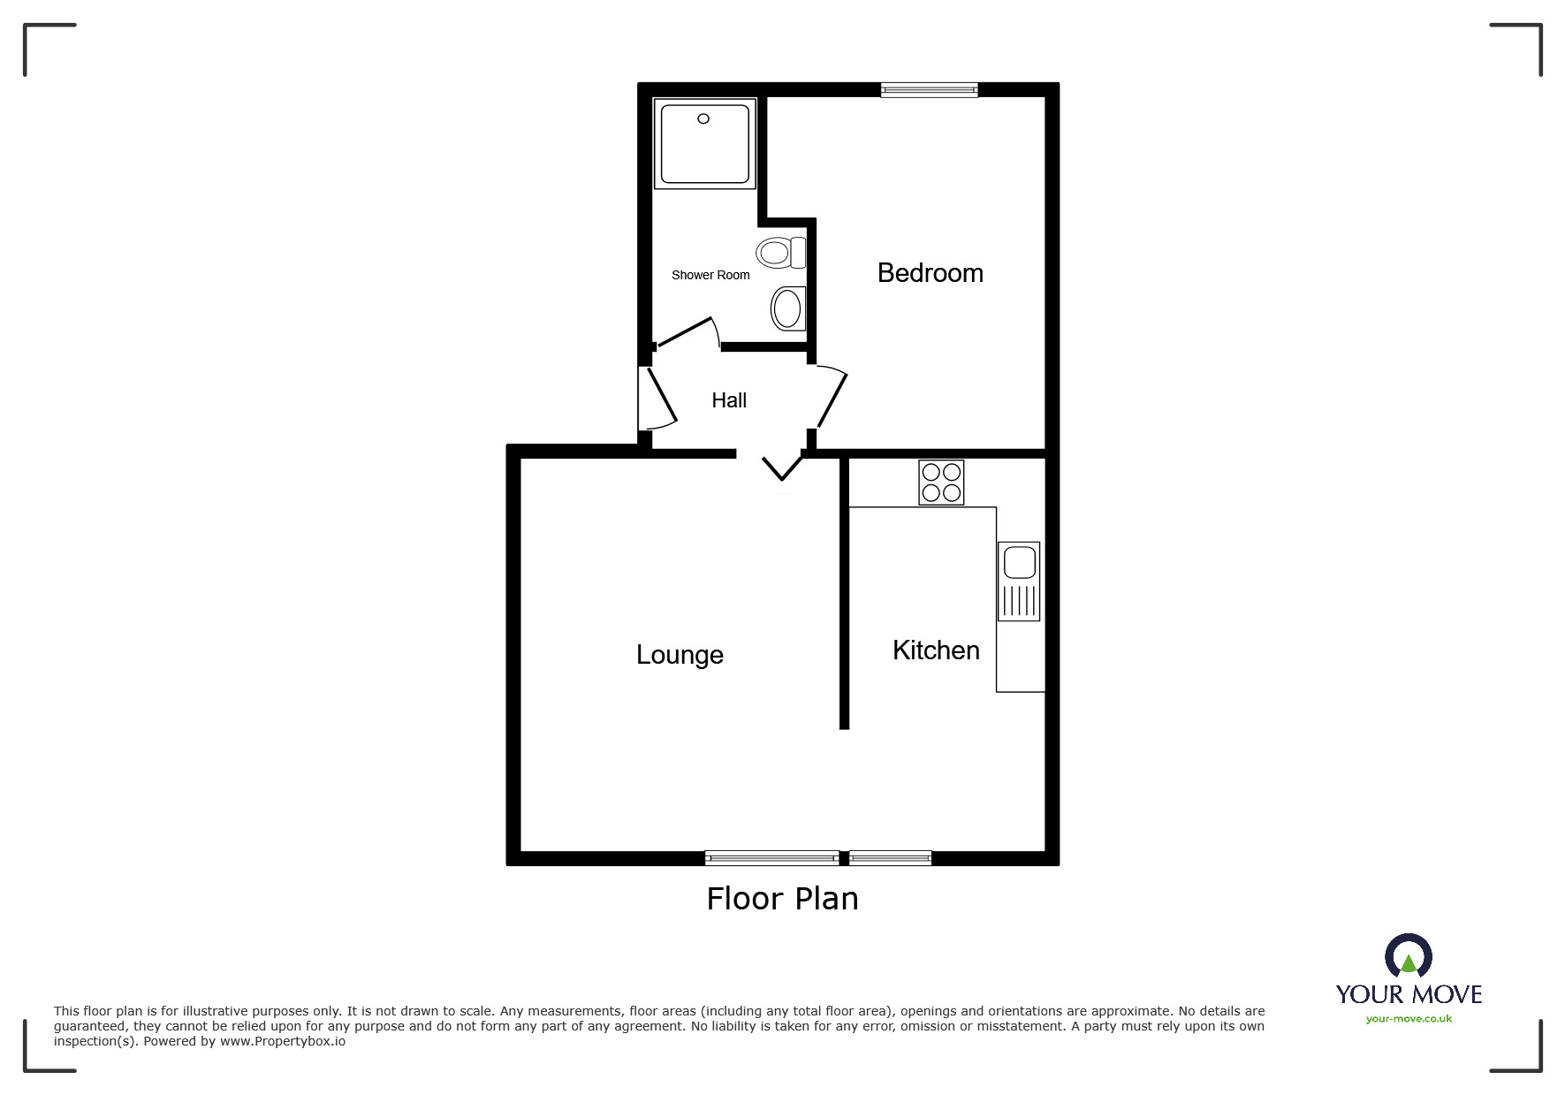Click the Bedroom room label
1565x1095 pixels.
pos(930,273)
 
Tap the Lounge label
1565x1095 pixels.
pos(680,655)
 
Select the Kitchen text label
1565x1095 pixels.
pos(936,650)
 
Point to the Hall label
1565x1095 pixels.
pos(729,400)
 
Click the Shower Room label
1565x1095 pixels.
pos(710,275)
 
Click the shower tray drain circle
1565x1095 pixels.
pos(703,118)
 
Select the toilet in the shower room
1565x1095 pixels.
pos(781,253)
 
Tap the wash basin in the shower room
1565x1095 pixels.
pos(788,308)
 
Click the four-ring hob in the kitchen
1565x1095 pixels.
pos(941,483)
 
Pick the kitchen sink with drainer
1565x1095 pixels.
pos(1019,581)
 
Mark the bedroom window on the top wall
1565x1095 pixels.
pos(929,89)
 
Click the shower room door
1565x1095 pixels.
pos(687,333)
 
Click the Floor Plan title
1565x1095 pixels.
pos(782,899)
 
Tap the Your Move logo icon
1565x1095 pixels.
pos(1408,955)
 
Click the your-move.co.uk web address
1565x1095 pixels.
pos(1409,1019)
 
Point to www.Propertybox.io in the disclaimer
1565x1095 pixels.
pos(283,1041)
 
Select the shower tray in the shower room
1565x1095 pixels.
pos(704,143)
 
